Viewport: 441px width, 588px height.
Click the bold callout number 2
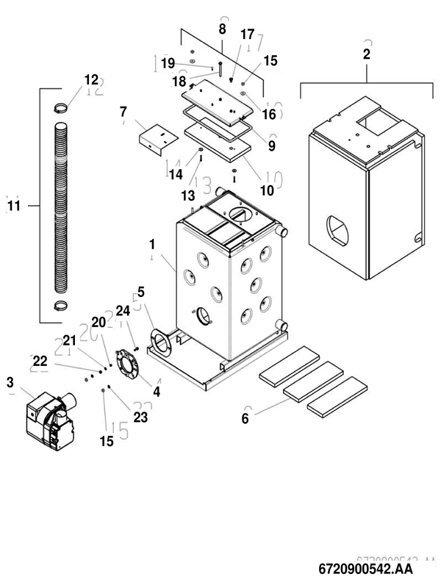coord(367,54)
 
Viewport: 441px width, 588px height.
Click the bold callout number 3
coord(10,381)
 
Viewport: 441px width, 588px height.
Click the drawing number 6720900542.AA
coord(365,569)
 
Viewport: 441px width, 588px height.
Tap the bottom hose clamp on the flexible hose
coord(64,305)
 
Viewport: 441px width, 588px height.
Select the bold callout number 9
coord(271,146)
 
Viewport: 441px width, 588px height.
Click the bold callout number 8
coord(222,29)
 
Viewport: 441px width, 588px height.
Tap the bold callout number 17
coord(247,35)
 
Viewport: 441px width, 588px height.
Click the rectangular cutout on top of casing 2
coord(376,120)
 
